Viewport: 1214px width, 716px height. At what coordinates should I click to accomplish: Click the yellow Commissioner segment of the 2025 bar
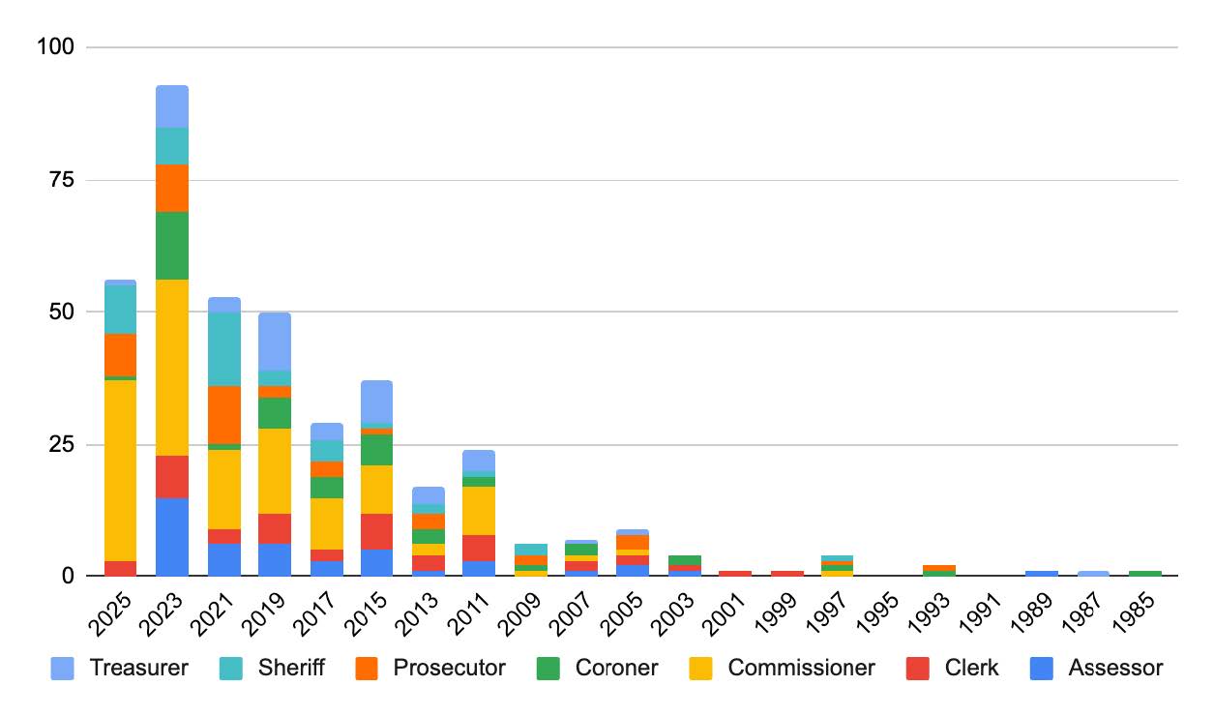pyautogui.click(x=120, y=470)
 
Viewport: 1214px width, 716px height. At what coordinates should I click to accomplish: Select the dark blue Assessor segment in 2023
pyautogui.click(x=172, y=537)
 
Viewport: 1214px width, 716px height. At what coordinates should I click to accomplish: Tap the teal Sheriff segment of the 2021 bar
pyautogui.click(x=224, y=349)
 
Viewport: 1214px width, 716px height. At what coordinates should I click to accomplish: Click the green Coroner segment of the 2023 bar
pyautogui.click(x=172, y=245)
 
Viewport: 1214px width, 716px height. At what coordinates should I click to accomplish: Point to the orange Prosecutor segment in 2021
pyautogui.click(x=224, y=415)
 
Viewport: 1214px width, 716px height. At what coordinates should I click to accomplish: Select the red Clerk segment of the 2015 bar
pyautogui.click(x=377, y=531)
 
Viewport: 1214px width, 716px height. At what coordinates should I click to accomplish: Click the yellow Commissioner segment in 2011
pyautogui.click(x=479, y=511)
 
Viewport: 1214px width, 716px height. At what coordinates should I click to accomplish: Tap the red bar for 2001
pyautogui.click(x=734, y=574)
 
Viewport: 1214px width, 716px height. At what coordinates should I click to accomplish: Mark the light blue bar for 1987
pyautogui.click(x=1093, y=574)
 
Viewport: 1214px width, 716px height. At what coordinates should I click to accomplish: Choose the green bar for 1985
pyautogui.click(x=1144, y=574)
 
